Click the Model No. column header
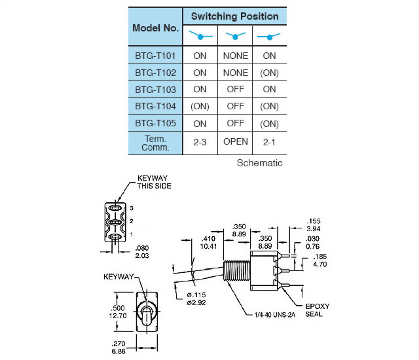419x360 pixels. pos(156,27)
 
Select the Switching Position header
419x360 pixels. pos(234,16)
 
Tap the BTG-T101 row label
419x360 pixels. pos(156,56)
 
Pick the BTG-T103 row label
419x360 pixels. pos(156,90)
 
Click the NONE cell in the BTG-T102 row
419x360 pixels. pos(235,73)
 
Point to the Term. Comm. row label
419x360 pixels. pos(156,143)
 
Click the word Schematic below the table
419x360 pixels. pos(259,163)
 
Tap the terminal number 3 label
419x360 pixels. pos(132,207)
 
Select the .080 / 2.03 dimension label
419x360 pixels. pos(141,251)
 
